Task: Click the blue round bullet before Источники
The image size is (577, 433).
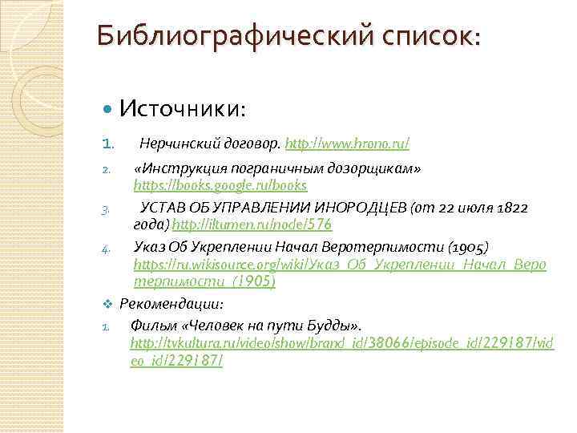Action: [110, 107]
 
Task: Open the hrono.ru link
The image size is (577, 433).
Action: [347, 144]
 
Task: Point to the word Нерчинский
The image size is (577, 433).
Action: [174, 144]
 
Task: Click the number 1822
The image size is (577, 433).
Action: [512, 208]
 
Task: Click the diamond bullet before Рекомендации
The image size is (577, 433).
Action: [107, 305]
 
